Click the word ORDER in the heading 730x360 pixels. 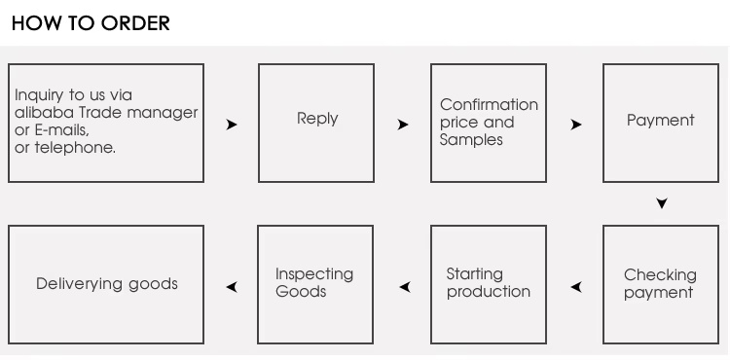[135, 23]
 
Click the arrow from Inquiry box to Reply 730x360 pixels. [232, 125]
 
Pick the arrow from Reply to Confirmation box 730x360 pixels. [403, 125]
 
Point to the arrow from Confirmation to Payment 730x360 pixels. [576, 125]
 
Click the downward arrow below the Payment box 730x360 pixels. [662, 202]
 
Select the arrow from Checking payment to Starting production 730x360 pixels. [576, 287]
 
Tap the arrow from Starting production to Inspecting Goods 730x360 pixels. [405, 287]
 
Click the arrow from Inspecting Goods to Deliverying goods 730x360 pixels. [232, 287]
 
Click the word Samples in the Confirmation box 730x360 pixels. [471, 139]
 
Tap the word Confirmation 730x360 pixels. [489, 105]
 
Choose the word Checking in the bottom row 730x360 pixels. [660, 275]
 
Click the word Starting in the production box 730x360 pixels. [474, 274]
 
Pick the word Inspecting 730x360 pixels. [314, 274]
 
